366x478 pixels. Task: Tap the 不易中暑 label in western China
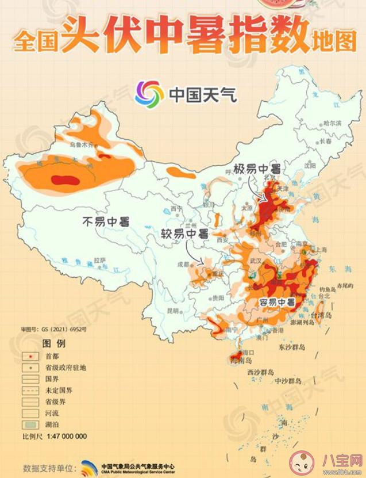[x=106, y=221]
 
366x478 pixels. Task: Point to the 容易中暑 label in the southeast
[x=276, y=303]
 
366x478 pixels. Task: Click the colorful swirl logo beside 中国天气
[x=149, y=94]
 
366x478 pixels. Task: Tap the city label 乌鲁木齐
[x=82, y=145]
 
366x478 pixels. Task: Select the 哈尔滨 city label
[x=332, y=123]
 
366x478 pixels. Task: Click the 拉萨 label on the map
[x=100, y=260]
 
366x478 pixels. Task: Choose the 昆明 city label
[x=174, y=311]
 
